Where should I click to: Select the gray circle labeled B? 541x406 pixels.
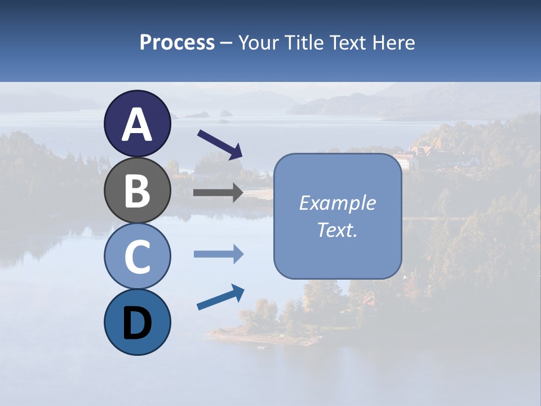point(137,190)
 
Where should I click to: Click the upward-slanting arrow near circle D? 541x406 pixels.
point(220,297)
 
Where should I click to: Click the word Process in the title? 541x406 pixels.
point(177,43)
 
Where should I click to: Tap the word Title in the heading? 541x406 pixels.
point(302,43)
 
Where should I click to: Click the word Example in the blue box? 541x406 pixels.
point(338,203)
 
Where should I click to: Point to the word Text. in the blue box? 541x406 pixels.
point(338,230)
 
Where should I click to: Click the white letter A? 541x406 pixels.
point(137,125)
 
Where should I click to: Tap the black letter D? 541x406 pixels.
point(137,323)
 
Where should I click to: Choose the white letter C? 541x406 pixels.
point(137,257)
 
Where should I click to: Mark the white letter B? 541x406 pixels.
point(137,191)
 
